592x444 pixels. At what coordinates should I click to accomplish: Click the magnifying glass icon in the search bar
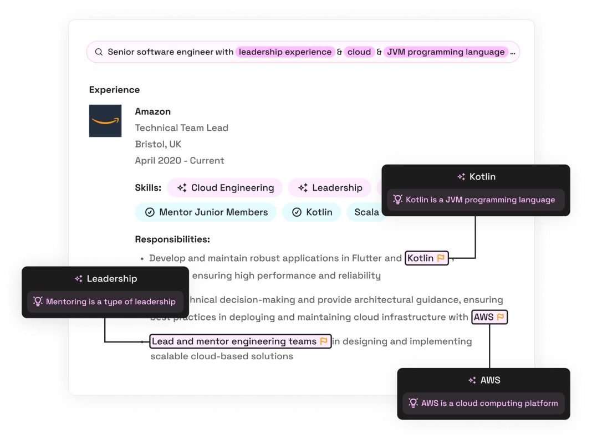pyautogui.click(x=99, y=52)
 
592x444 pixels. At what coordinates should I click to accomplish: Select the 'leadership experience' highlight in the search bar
pyautogui.click(x=285, y=52)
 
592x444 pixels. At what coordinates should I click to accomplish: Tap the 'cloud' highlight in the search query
pyautogui.click(x=359, y=52)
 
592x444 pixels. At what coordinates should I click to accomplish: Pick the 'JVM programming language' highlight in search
pyautogui.click(x=446, y=52)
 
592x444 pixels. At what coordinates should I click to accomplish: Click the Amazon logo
pyautogui.click(x=105, y=121)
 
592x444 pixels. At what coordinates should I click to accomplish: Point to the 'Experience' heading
pyautogui.click(x=114, y=90)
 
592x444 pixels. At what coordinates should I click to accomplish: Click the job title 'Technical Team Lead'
pyautogui.click(x=181, y=128)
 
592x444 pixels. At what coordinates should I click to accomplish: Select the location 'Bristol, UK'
pyautogui.click(x=158, y=144)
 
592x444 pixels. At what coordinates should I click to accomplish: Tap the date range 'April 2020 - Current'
pyautogui.click(x=180, y=161)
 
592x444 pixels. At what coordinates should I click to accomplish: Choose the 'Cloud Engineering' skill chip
pyautogui.click(x=225, y=188)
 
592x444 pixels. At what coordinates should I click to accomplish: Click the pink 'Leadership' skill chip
pyautogui.click(x=330, y=188)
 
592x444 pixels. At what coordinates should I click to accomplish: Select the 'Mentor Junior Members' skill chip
pyautogui.click(x=206, y=212)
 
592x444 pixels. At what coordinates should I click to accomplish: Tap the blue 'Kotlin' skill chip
pyautogui.click(x=312, y=212)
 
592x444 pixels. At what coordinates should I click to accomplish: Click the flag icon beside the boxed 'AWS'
pyautogui.click(x=500, y=317)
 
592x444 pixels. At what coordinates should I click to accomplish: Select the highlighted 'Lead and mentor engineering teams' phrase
pyautogui.click(x=234, y=341)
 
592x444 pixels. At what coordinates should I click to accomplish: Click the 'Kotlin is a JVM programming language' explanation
pyautogui.click(x=479, y=200)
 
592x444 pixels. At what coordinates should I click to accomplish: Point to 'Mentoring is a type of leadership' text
pyautogui.click(x=110, y=302)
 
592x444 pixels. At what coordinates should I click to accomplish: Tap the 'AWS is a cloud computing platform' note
pyautogui.click(x=489, y=404)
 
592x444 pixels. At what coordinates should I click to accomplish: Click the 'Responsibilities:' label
pyautogui.click(x=172, y=239)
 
